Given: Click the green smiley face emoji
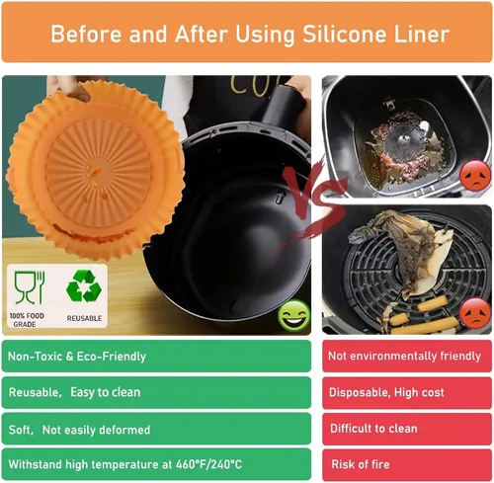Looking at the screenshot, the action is pos(294,316).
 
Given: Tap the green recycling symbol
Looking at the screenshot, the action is pos(84,286).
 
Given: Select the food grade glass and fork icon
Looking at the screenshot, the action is pos(30,287).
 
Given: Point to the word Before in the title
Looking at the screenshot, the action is pos(86,35).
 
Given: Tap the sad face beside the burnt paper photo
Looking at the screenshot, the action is pos(475,313).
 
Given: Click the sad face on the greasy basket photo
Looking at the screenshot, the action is pos(475,176).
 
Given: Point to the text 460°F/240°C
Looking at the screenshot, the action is pos(208,464).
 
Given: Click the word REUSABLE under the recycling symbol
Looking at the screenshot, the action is pos(84,318).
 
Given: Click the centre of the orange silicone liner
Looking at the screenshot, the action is pos(96,171).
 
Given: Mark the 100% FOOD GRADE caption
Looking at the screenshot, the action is pos(27,320).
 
